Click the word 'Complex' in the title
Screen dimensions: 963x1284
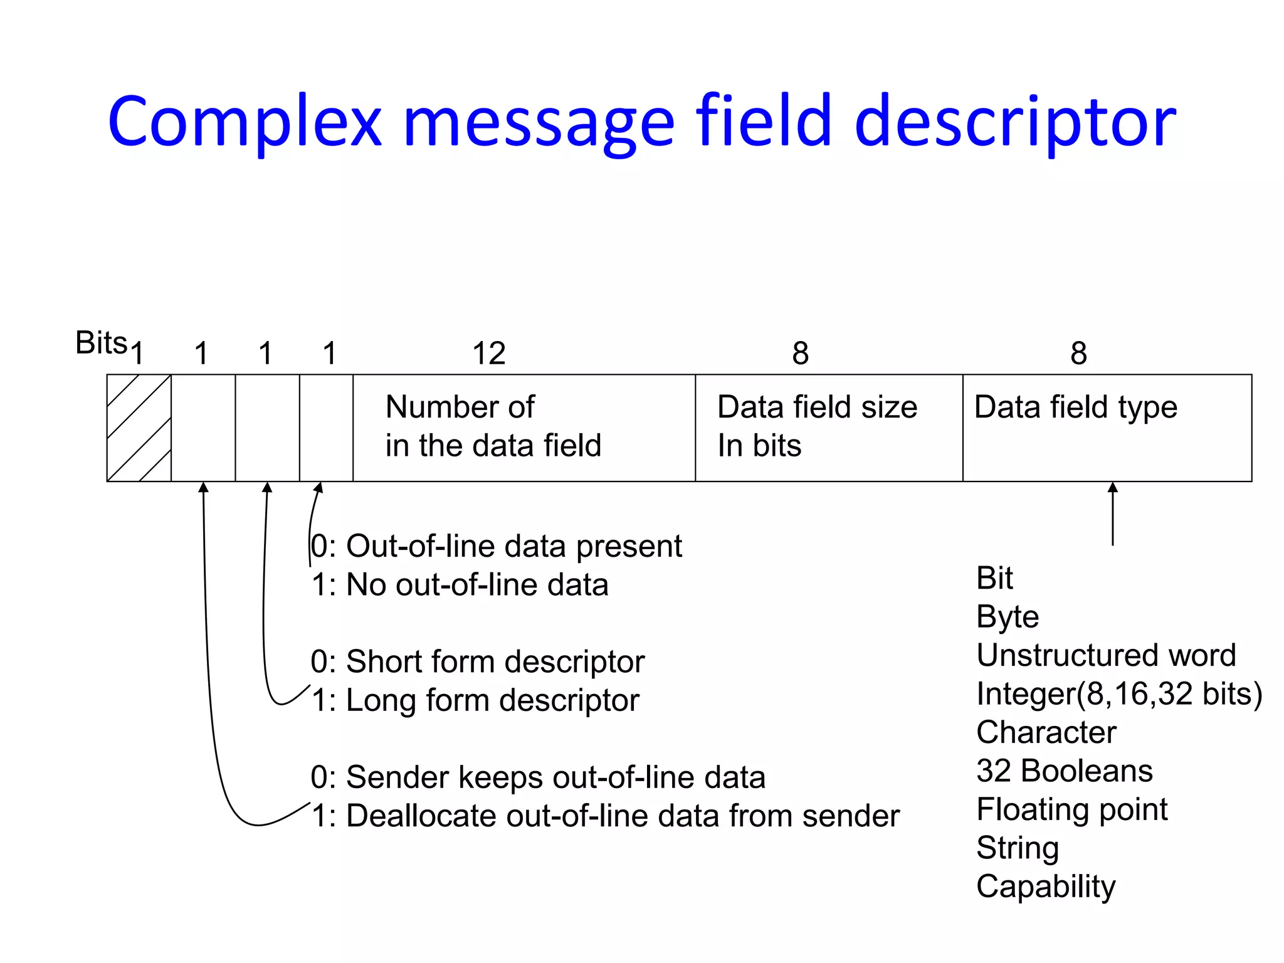[245, 122]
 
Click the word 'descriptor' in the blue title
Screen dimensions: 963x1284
[1016, 122]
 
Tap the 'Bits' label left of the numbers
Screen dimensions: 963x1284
[101, 343]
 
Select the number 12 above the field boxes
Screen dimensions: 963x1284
[488, 354]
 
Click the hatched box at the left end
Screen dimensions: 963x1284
[139, 428]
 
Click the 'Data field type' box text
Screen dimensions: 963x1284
[1075, 408]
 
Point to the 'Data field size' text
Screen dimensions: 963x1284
[817, 408]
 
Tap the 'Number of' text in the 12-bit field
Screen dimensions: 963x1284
[460, 408]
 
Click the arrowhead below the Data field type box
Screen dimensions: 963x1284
[1113, 488]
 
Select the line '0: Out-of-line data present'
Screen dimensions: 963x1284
[496, 546]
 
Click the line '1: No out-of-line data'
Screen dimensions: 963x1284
[460, 585]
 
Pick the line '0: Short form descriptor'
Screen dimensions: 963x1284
[477, 662]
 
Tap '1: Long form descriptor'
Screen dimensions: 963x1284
[475, 700]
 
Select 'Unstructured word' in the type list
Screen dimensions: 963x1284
[1106, 656]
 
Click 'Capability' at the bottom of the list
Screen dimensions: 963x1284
[1046, 887]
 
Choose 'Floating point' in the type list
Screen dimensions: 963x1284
[1071, 809]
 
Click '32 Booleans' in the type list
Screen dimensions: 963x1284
[1064, 771]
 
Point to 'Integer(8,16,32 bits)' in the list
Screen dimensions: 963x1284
[1119, 694]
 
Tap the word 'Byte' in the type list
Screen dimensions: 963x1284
[1007, 618]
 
